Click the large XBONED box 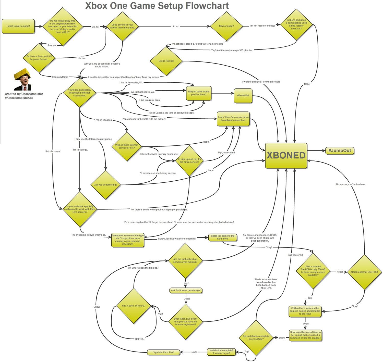click(286, 155)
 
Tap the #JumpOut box click(340, 151)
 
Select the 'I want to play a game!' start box click(18, 26)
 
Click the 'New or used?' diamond click(226, 26)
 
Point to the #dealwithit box click(243, 95)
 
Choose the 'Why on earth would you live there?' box click(199, 93)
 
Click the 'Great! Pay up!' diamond click(166, 61)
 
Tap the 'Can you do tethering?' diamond click(105, 185)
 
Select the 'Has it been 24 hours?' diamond click(134, 306)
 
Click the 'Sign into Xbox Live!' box click(164, 352)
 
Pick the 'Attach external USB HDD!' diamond click(364, 272)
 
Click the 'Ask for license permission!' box click(186, 290)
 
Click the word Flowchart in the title click(207, 6)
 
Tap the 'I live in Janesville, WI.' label click(131, 83)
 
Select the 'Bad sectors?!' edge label click(295, 255)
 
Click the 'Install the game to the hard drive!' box click(222, 237)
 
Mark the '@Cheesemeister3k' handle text click(19, 98)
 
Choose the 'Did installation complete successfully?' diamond click(256, 338)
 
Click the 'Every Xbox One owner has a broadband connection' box click(233, 119)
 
